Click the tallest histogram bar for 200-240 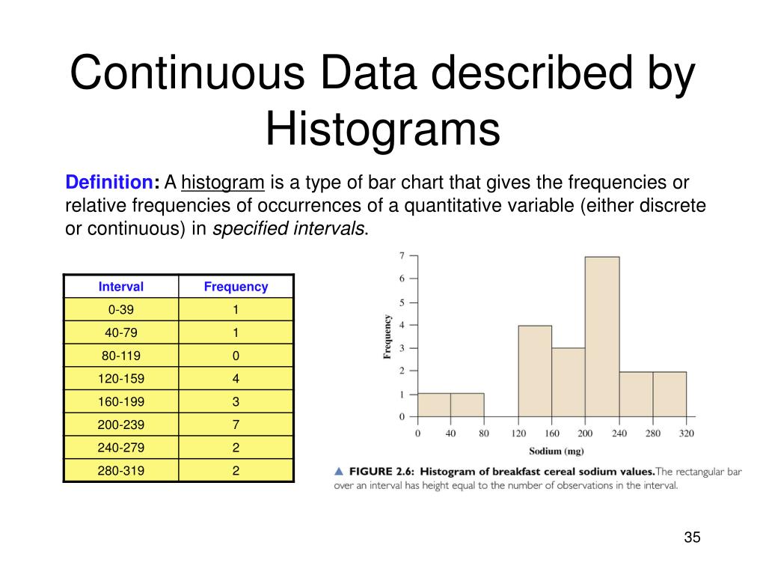point(602,337)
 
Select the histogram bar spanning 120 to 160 point(535,371)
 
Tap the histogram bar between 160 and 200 point(569,382)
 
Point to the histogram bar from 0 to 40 point(434,405)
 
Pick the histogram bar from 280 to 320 point(670,394)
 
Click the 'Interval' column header point(121,287)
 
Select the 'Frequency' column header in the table point(236,287)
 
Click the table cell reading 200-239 point(121,425)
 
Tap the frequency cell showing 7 point(236,425)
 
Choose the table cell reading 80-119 point(121,356)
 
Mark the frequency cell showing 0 point(236,356)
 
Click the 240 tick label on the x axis point(619,433)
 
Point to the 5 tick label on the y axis point(402,302)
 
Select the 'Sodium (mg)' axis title point(557,451)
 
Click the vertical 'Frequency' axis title point(387,336)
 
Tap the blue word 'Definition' point(109,183)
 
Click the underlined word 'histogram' point(223,183)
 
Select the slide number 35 point(691,538)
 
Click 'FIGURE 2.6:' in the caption point(381,471)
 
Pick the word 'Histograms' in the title point(382,129)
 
